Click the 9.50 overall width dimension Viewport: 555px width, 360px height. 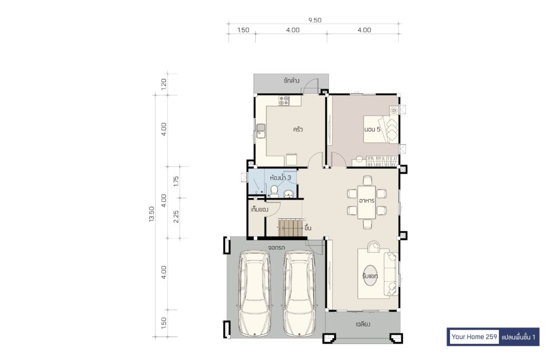click(315, 20)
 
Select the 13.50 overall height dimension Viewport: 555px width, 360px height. click(152, 214)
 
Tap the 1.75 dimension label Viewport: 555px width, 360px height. click(176, 181)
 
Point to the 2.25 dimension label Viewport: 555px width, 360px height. click(176, 217)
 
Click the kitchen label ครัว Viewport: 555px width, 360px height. click(298, 129)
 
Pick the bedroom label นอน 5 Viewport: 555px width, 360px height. click(372, 129)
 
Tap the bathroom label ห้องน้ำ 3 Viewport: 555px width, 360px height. click(280, 178)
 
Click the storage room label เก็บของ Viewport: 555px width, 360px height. click(260, 210)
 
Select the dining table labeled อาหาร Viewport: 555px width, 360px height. click(367, 202)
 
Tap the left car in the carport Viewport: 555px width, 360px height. click(255, 293)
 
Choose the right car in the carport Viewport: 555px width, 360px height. click(299, 293)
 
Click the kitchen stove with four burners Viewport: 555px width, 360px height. click(284, 100)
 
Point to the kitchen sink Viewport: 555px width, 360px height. click(261, 131)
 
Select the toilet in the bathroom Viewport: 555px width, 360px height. click(274, 191)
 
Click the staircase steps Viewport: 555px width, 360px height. click(291, 228)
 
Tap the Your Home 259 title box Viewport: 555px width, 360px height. click(474, 337)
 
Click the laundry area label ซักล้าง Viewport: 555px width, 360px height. click(291, 81)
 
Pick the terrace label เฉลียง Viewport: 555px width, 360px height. click(363, 324)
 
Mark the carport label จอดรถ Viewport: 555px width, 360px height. click(276, 247)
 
